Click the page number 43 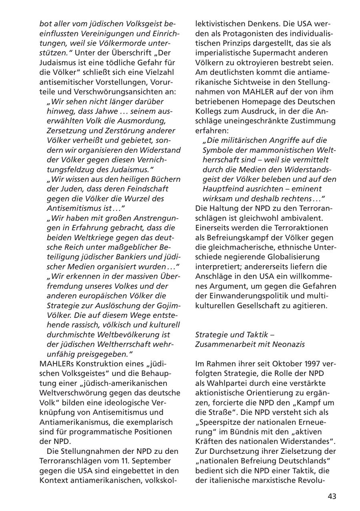coord(332,496)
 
